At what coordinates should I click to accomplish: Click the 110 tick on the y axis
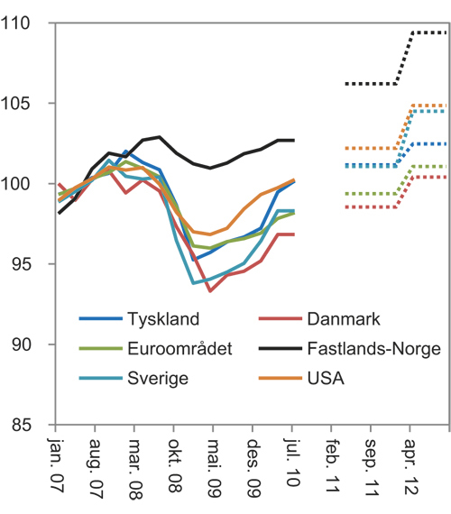[x=27, y=24]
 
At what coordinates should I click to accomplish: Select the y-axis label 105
[x=27, y=105]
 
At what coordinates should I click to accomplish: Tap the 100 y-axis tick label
[x=27, y=185]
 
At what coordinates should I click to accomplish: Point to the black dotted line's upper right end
[x=446, y=32]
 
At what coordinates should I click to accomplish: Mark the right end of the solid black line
[x=294, y=140]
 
